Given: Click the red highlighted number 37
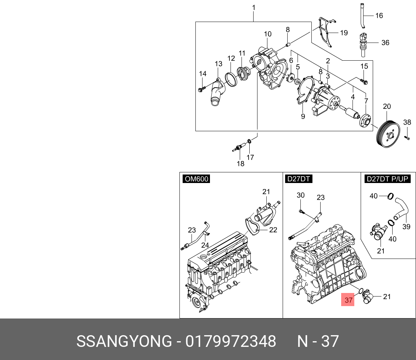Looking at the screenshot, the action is click(x=348, y=300).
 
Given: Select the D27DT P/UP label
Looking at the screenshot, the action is click(x=387, y=179).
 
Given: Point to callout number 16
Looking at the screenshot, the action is click(x=379, y=16).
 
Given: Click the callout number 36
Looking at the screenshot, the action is click(x=385, y=43).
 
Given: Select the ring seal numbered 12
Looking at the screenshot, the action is click(x=231, y=79).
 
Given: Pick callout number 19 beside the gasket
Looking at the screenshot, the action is click(x=344, y=33).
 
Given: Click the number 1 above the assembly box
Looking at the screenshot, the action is click(x=254, y=7).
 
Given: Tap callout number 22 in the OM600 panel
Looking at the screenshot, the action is click(x=273, y=230).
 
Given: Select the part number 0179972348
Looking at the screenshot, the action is click(x=231, y=341).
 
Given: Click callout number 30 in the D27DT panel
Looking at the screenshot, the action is click(x=300, y=195).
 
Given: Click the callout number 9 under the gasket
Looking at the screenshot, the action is click(x=303, y=116).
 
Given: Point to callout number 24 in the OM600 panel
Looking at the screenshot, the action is click(x=205, y=245).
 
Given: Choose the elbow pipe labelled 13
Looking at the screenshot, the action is click(x=216, y=93).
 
